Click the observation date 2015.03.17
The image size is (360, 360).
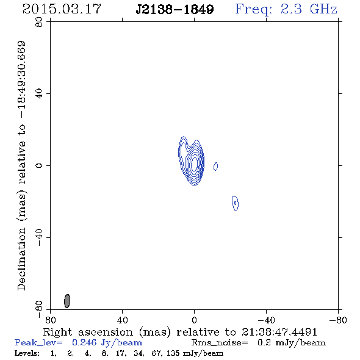[62, 9]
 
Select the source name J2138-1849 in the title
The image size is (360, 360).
[175, 10]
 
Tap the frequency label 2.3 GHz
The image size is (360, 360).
[309, 9]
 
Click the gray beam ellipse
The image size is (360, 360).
[67, 301]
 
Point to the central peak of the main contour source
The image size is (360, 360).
[195, 164]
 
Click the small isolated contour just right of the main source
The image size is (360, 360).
[215, 166]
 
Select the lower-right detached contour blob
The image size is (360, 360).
[235, 203]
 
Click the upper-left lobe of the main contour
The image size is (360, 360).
[183, 143]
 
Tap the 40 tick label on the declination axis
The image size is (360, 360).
[39, 94]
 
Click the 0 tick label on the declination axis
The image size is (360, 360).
[39, 165]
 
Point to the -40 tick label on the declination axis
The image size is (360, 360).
[39, 237]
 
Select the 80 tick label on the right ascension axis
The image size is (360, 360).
[50, 320]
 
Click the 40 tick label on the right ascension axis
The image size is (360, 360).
[122, 320]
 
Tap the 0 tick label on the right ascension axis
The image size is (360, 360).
[194, 320]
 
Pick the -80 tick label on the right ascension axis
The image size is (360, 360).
[338, 320]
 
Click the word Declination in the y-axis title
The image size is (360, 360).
[21, 259]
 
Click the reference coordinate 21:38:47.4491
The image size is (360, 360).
[279, 332]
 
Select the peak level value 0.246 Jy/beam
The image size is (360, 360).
[107, 342]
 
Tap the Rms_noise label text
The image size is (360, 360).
[220, 343]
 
